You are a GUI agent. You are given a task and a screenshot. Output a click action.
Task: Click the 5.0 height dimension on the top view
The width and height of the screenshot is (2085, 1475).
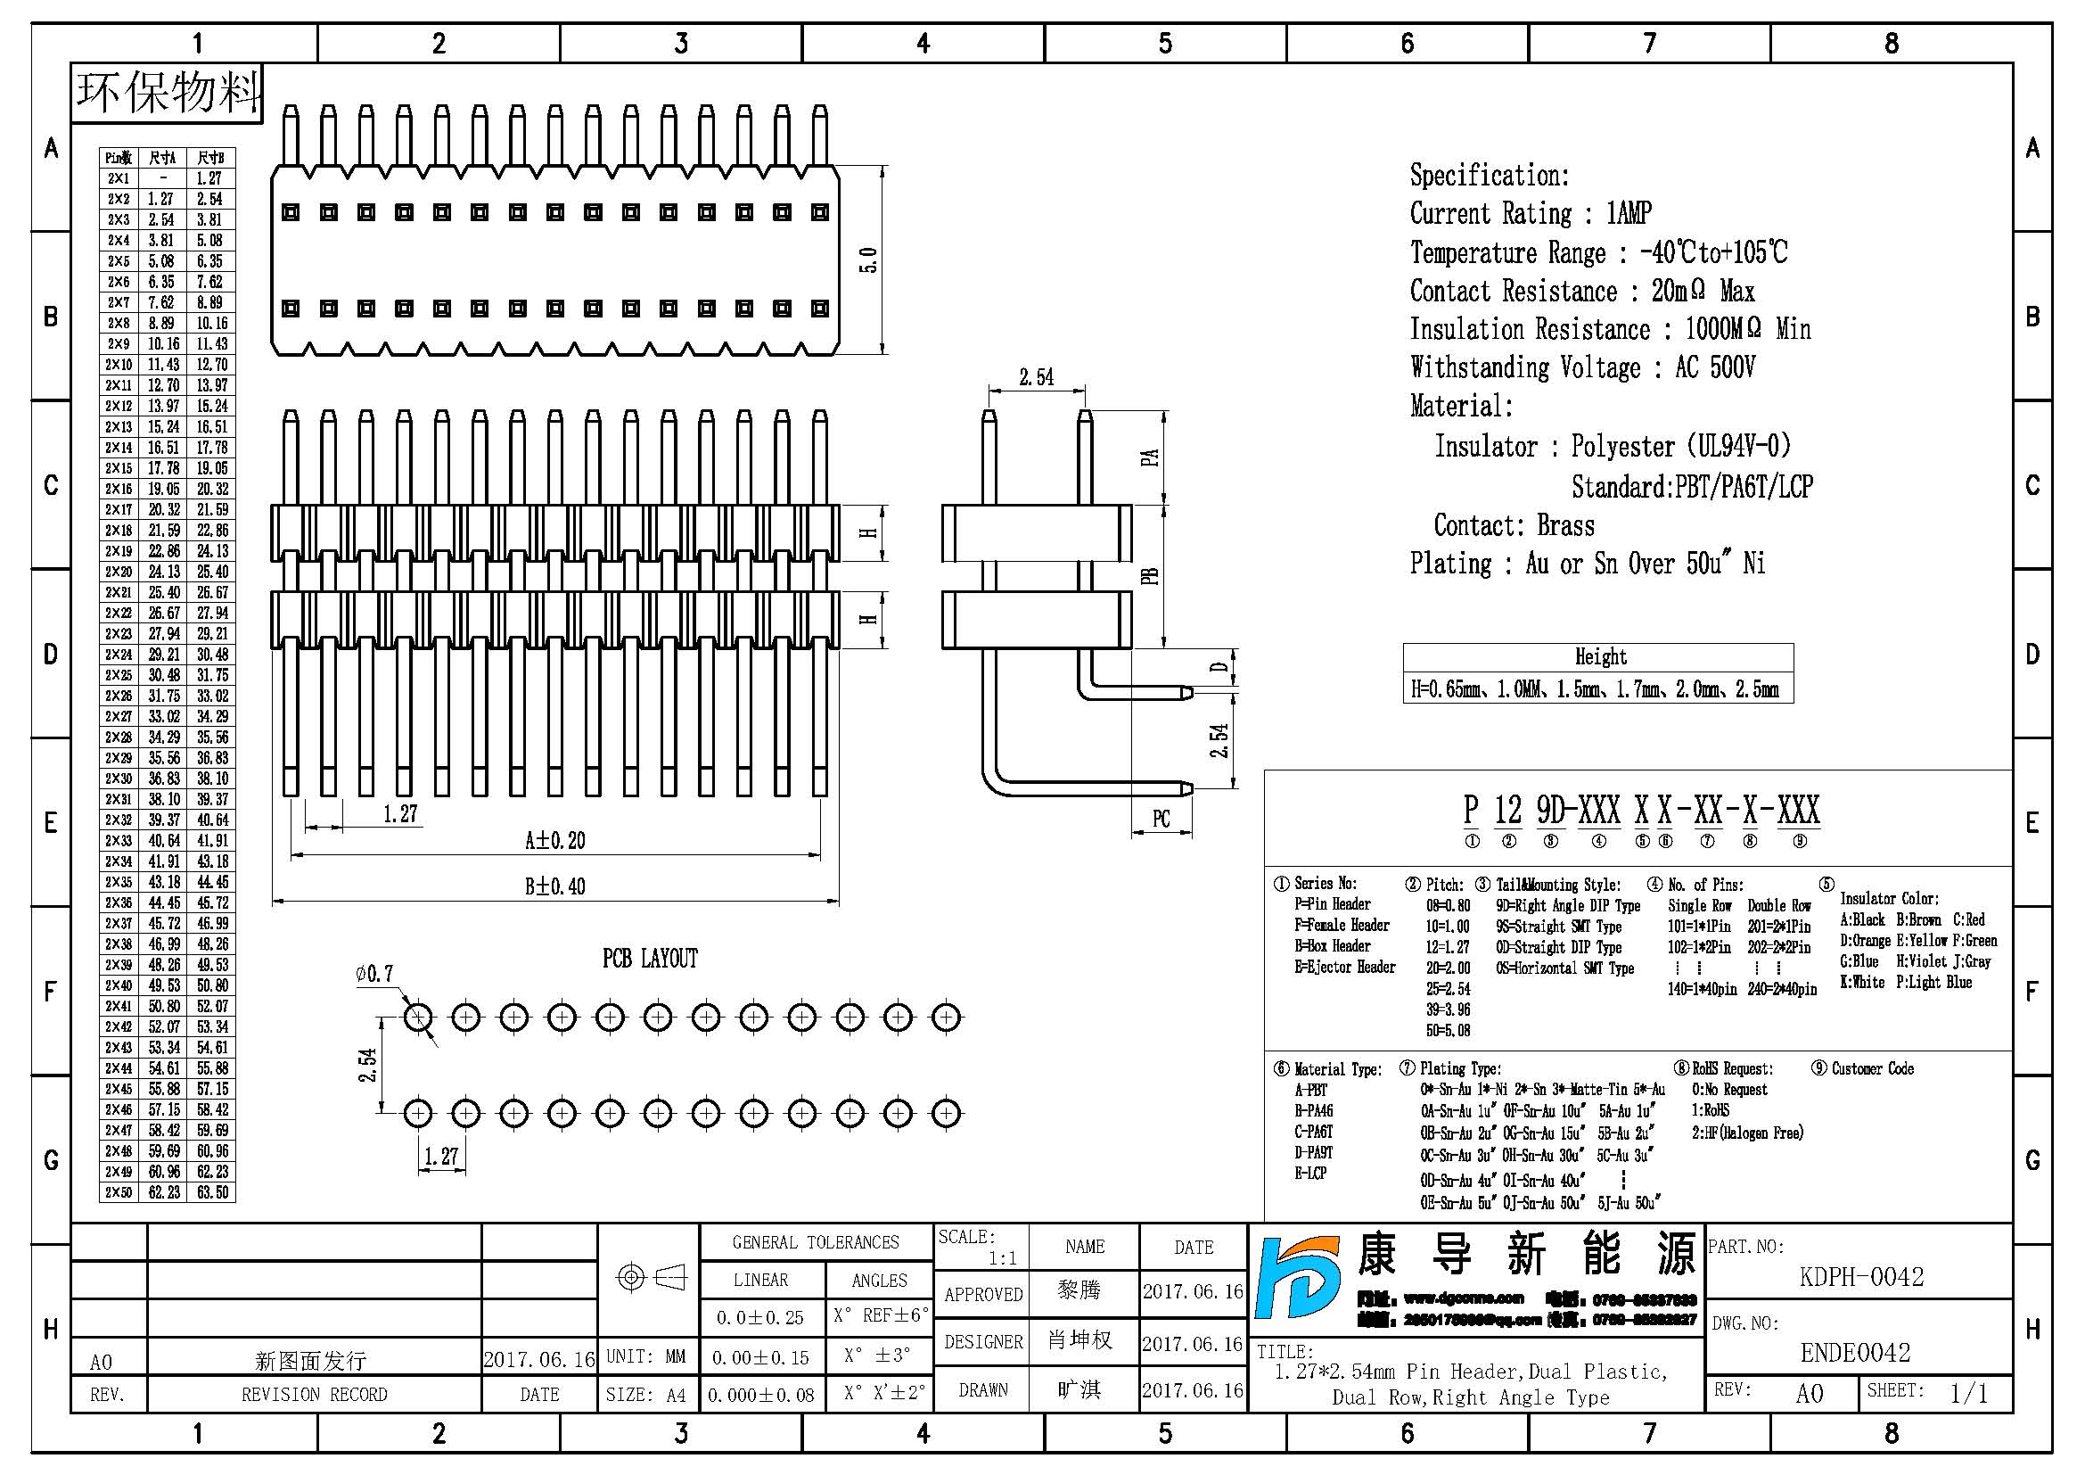pyautogui.click(x=868, y=260)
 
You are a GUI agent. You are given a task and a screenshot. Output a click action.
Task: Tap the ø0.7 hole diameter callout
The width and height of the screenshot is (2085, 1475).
pyautogui.click(x=374, y=975)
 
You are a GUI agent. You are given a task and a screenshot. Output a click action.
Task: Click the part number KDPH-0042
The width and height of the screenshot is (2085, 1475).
pyautogui.click(x=1860, y=1277)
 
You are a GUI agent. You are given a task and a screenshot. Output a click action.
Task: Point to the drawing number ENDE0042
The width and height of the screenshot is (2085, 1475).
pyautogui.click(x=1854, y=1354)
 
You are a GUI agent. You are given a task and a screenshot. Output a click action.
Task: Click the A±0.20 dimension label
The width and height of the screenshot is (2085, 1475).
pyautogui.click(x=554, y=841)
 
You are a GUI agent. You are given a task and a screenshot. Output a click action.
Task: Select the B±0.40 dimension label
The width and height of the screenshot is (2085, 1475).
pyautogui.click(x=554, y=886)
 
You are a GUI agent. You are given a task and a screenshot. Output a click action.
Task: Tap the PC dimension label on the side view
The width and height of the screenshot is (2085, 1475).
pyautogui.click(x=1161, y=820)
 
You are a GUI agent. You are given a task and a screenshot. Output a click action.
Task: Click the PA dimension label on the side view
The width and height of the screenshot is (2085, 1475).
pyautogui.click(x=1150, y=457)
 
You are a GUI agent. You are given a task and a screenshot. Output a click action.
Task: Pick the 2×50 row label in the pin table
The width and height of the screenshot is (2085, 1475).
pyautogui.click(x=118, y=1192)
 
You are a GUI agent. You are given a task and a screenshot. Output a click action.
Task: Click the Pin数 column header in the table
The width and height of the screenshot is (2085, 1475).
pyautogui.click(x=118, y=158)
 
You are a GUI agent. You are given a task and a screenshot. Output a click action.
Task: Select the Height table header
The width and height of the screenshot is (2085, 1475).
pyautogui.click(x=1599, y=656)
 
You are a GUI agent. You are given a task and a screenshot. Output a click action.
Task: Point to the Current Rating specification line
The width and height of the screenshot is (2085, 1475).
pyautogui.click(x=1530, y=213)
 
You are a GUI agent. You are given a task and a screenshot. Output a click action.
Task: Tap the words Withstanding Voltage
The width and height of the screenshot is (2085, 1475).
pyautogui.click(x=1524, y=367)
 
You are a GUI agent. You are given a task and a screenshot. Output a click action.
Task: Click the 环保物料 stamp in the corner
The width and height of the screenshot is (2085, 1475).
pyautogui.click(x=168, y=93)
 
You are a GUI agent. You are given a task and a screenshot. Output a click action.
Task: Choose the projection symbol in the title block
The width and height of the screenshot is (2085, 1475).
pyautogui.click(x=651, y=1278)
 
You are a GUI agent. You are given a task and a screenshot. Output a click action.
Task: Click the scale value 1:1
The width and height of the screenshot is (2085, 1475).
pyautogui.click(x=1002, y=1259)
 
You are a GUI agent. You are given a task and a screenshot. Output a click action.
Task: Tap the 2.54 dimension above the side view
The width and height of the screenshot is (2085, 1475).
pyautogui.click(x=1036, y=377)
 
